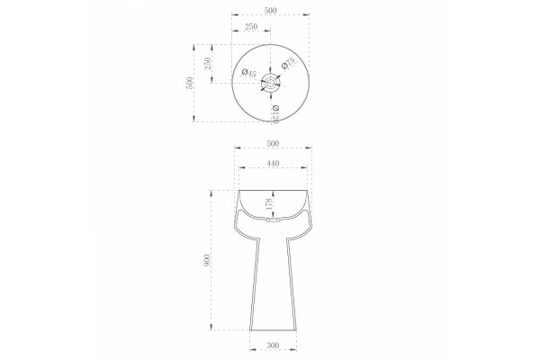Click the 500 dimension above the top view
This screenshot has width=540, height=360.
[270, 10]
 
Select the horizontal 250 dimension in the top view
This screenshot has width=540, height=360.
[251, 26]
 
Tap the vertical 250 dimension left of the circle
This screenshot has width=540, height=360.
[207, 64]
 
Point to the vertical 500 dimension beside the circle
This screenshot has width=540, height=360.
[189, 83]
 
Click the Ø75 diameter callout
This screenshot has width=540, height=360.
[288, 63]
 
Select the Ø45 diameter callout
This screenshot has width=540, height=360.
[248, 73]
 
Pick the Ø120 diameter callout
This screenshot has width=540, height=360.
[274, 114]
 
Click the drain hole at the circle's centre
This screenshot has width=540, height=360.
[270, 83]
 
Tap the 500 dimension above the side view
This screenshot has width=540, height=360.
[273, 143]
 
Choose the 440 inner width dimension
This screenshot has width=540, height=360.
[273, 163]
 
